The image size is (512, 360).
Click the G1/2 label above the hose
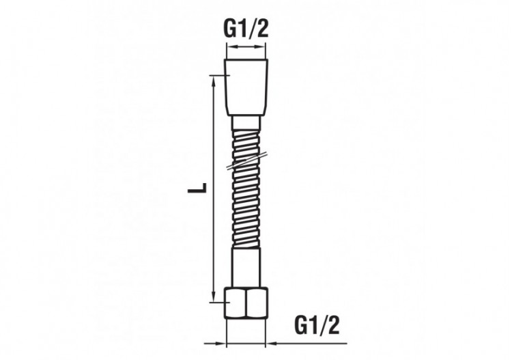pos(246,30)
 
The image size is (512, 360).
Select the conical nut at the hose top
pos(246,87)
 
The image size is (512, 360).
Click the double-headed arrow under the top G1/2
pos(246,47)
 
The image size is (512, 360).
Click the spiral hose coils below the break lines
pos(246,212)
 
